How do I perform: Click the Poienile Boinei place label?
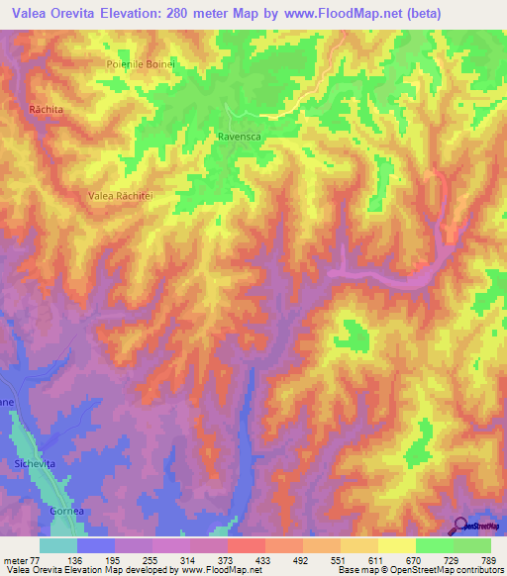click(x=141, y=64)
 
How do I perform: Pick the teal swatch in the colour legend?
click(x=58, y=545)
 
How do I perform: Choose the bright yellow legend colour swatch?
click(x=397, y=545)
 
